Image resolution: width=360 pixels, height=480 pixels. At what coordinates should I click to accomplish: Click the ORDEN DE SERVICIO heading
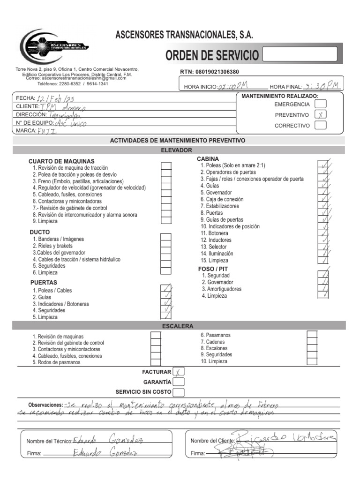(212, 55)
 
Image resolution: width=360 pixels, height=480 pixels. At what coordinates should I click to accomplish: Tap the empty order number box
(300, 54)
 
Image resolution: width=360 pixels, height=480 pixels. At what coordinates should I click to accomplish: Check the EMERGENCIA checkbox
(321, 104)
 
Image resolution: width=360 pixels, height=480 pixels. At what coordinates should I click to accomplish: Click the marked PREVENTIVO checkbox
(321, 114)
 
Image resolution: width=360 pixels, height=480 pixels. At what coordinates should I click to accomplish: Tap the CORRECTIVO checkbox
(321, 125)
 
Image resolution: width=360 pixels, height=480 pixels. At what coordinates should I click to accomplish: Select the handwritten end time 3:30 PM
(321, 86)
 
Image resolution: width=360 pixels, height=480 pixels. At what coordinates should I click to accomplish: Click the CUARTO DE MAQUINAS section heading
(61, 161)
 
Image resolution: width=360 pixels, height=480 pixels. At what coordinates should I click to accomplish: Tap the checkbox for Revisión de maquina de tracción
(166, 167)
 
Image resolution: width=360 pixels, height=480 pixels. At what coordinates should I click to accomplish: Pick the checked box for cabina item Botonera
(323, 233)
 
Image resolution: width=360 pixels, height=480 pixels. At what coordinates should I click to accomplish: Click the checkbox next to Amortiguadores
(323, 289)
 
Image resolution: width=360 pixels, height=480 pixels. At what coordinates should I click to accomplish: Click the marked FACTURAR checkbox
(179, 372)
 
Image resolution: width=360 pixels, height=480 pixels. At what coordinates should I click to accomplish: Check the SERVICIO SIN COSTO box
(179, 392)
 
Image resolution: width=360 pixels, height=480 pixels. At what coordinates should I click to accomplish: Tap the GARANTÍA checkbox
(179, 382)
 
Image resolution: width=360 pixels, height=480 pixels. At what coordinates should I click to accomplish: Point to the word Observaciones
(45, 405)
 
